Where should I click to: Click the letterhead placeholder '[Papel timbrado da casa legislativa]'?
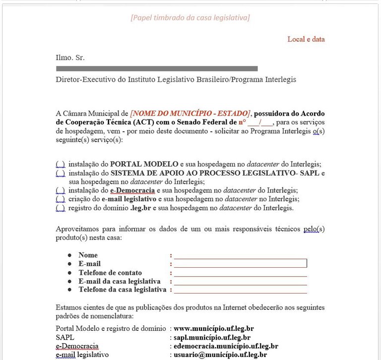tap(190, 18)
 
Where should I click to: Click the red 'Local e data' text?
tap(306, 39)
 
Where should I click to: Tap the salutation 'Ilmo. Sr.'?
tap(70, 58)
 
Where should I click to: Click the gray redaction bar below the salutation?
tap(157, 69)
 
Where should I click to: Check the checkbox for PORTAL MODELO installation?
tap(60, 164)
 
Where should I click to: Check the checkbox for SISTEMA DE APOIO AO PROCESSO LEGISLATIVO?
tap(60, 173)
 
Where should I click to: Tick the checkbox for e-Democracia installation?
tap(60, 190)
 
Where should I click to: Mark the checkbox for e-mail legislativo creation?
tap(60, 199)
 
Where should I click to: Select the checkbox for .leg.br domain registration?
tap(60, 208)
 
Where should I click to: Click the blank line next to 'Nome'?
tap(240, 256)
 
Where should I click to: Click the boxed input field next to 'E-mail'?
tap(240, 263)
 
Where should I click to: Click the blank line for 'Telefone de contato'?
tap(240, 273)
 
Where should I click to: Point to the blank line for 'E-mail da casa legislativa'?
tap(240, 282)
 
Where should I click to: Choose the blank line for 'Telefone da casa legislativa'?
tap(240, 290)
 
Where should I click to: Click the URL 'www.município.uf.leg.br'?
tap(214, 328)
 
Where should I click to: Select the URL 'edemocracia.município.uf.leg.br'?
tap(226, 346)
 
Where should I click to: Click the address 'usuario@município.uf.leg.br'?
tap(220, 355)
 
